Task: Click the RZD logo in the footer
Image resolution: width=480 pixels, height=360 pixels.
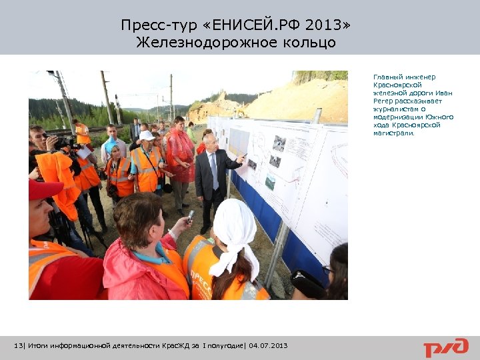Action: point(446,347)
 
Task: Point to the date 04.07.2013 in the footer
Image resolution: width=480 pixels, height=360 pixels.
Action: point(268,345)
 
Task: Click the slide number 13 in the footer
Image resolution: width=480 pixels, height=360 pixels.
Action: point(18,345)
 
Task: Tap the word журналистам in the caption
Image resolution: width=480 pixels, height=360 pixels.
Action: point(394,109)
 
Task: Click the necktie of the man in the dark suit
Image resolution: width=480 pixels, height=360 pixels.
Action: point(214,162)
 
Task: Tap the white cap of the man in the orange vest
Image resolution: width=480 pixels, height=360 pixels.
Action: point(147,135)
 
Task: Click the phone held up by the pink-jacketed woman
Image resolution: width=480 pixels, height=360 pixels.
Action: point(191,216)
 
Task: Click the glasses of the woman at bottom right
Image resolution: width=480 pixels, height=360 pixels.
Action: point(327,271)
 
